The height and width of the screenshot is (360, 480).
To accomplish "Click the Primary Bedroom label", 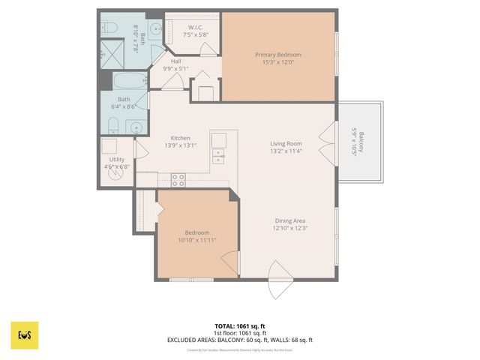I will coord(277,55).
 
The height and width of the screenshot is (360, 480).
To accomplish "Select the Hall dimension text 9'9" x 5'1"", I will coord(175,69).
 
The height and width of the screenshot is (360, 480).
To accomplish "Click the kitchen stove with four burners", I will coord(178,179).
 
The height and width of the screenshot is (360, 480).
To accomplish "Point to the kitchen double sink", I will coord(218,156).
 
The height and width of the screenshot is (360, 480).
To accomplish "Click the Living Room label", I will coord(286,143).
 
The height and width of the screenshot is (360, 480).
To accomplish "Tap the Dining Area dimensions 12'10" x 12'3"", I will coord(291,228).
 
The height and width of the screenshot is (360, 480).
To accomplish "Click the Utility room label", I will coord(116,160).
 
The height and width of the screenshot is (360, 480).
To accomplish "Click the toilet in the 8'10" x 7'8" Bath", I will coord(110,28).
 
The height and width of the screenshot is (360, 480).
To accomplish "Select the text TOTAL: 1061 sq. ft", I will coord(239,326).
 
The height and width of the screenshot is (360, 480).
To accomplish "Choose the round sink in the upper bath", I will coord(156,31).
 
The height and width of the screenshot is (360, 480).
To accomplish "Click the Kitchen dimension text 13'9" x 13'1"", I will coord(180,146).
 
